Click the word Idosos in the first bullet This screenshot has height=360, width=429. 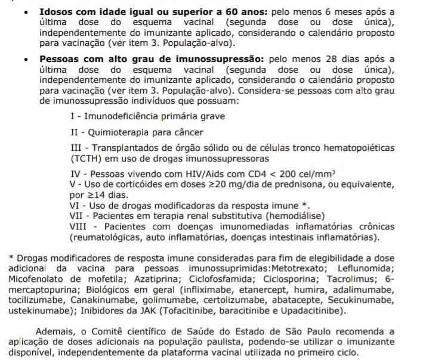point(57,11)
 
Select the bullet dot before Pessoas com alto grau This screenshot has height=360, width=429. point(26,60)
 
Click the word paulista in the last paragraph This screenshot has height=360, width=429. point(217,342)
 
